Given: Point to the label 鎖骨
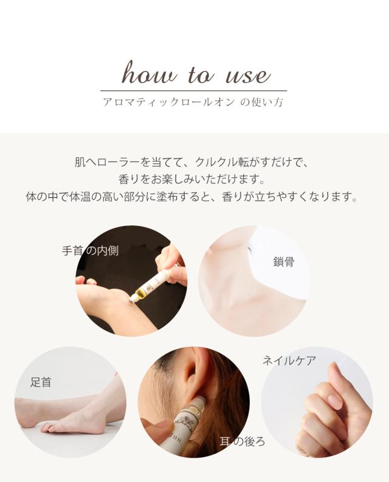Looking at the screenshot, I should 284,262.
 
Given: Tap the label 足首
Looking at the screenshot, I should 41,382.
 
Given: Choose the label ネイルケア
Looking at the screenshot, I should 289,361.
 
